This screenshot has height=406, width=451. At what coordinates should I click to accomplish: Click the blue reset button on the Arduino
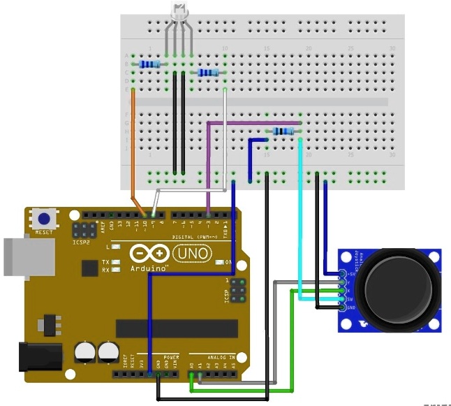[43, 218]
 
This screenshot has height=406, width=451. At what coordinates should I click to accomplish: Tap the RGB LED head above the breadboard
[179, 10]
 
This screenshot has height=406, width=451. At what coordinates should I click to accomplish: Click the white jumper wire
[224, 140]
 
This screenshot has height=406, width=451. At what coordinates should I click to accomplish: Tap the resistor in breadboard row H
[283, 131]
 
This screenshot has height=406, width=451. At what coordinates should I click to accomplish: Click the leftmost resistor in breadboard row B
[149, 64]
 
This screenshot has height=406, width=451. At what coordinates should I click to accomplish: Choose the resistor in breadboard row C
[208, 73]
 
